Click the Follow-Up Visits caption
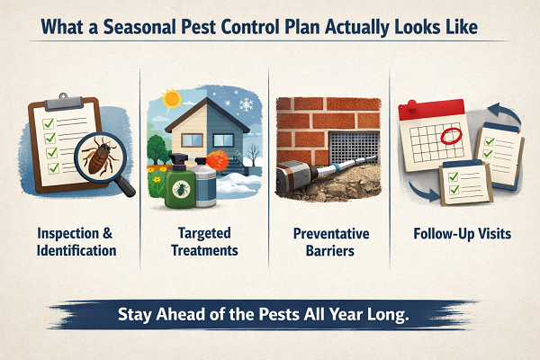[x=463, y=234]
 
